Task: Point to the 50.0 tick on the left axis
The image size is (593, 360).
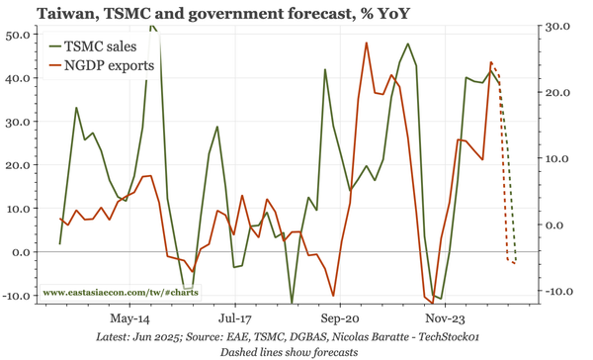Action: [x=18, y=35]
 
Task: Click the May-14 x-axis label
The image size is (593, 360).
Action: [x=130, y=319]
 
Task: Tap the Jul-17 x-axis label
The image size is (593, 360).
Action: [x=234, y=319]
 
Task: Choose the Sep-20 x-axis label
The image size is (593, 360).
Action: [x=339, y=319]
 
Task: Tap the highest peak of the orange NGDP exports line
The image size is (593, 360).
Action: [x=367, y=43]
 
